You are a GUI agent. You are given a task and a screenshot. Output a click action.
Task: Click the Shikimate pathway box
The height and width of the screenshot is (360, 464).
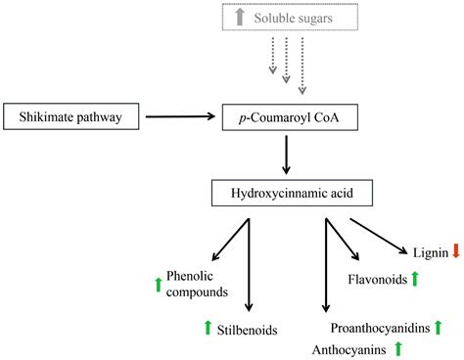(72, 117)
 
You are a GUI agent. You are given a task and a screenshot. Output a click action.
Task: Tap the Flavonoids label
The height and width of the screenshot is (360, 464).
(376, 280)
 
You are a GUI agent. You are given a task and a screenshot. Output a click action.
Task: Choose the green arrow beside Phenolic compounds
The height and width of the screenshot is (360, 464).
(158, 285)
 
